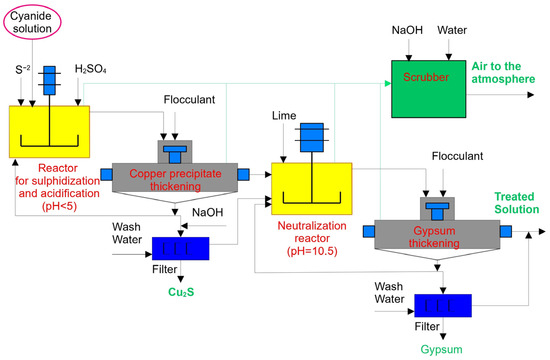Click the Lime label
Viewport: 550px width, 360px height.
[x=281, y=117]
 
